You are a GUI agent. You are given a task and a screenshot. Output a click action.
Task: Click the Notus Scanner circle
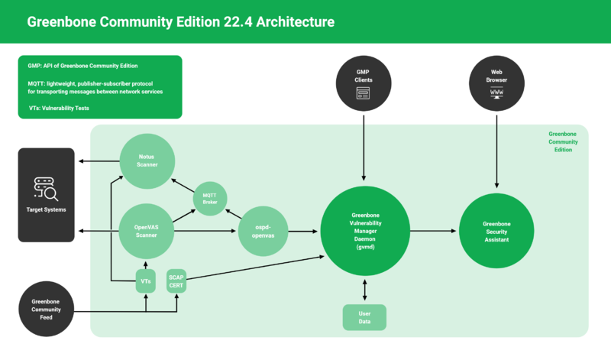click(x=147, y=161)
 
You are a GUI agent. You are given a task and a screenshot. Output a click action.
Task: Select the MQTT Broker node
click(x=209, y=198)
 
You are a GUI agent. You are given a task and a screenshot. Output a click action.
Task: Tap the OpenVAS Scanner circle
click(x=147, y=230)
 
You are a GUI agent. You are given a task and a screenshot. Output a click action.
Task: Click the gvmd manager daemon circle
click(x=364, y=230)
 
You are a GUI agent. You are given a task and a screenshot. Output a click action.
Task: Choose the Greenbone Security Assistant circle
click(x=496, y=230)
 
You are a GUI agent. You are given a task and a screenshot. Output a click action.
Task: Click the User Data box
click(x=364, y=317)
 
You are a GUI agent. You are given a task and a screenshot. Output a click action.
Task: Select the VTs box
click(x=146, y=281)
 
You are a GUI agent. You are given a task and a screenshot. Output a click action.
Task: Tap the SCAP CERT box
click(x=176, y=281)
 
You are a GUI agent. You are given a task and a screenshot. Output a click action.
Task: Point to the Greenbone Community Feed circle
click(x=47, y=309)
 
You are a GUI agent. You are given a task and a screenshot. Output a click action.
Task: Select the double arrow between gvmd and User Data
click(x=364, y=289)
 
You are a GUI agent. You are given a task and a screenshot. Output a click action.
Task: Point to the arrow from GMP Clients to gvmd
click(x=364, y=149)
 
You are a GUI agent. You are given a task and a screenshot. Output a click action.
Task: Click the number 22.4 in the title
click(x=237, y=22)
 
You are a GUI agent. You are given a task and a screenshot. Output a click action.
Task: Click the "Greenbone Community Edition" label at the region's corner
click(x=562, y=141)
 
